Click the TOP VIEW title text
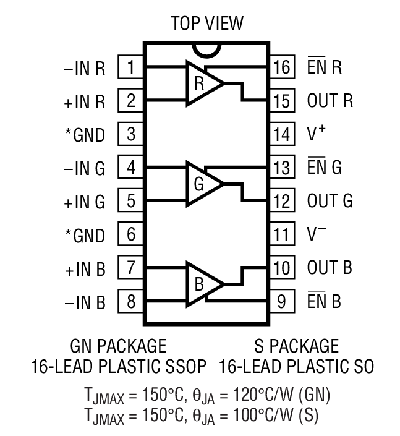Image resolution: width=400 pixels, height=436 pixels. [x=207, y=24]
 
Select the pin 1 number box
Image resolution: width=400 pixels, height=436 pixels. [x=131, y=67]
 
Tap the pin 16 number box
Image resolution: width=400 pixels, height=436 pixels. [x=282, y=67]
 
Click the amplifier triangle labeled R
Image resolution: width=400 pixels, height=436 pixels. [x=203, y=83]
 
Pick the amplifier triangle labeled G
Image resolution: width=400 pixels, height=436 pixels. [x=203, y=184]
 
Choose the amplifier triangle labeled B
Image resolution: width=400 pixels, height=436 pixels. [x=203, y=284]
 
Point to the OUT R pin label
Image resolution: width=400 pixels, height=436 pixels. [x=330, y=101]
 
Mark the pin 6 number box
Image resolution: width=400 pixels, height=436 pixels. [x=131, y=235]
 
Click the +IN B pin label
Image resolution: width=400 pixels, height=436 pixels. [x=84, y=269]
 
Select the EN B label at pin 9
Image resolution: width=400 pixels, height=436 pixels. [x=324, y=302]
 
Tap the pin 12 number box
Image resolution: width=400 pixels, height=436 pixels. [x=282, y=202]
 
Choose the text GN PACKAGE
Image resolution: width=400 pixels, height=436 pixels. [x=118, y=345]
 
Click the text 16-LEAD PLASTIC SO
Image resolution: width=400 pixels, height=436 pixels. [x=296, y=366]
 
